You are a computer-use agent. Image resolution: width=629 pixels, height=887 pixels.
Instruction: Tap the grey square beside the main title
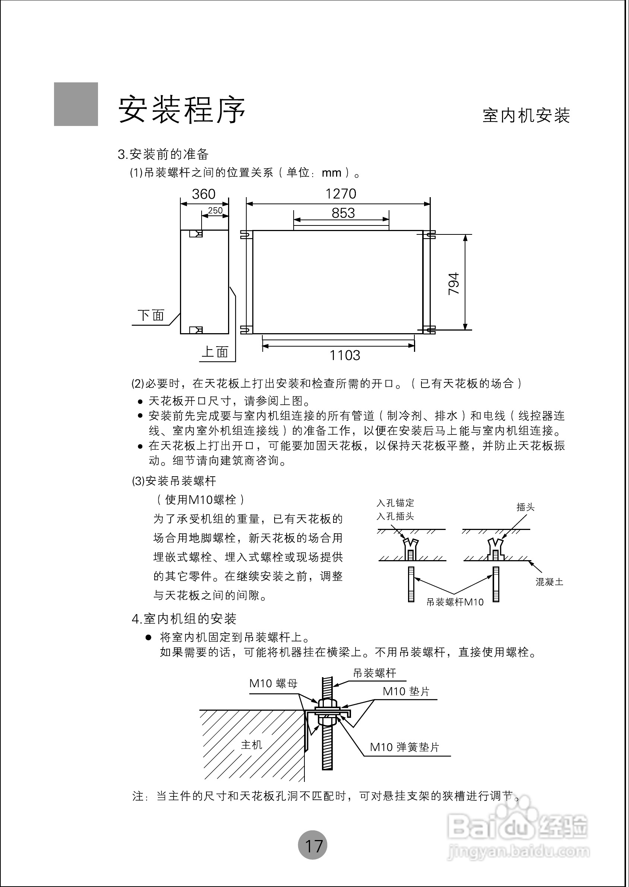tap(76, 104)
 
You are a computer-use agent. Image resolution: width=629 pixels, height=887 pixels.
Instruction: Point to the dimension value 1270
tap(341, 194)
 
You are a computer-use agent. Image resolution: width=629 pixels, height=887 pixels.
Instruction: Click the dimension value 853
tap(343, 213)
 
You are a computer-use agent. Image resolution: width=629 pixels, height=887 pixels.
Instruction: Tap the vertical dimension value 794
tap(453, 284)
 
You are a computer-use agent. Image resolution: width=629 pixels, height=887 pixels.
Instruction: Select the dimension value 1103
tap(345, 355)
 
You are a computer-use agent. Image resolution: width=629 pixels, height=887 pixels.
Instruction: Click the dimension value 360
tap(203, 194)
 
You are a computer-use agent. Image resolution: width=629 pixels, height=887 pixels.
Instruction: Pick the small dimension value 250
tap(215, 210)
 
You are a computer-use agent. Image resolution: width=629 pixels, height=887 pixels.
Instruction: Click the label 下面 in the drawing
tap(151, 315)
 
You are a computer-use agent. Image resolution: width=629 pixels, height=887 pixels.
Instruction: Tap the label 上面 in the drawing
tap(215, 352)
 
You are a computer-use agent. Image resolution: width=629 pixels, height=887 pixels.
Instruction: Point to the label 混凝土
tap(549, 582)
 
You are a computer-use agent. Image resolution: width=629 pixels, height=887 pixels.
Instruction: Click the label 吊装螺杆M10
tap(455, 602)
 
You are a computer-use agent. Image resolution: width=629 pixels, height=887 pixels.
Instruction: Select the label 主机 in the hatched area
tap(252, 745)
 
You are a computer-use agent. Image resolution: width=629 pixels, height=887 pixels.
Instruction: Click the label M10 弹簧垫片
tap(404, 747)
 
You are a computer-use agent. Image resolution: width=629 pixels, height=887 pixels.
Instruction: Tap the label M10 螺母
tap(274, 684)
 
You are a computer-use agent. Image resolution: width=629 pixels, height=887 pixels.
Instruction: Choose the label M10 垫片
tap(406, 691)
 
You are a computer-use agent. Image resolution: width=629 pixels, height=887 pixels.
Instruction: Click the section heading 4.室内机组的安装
tap(184, 619)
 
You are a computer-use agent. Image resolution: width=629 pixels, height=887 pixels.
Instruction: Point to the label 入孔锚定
tap(395, 503)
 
